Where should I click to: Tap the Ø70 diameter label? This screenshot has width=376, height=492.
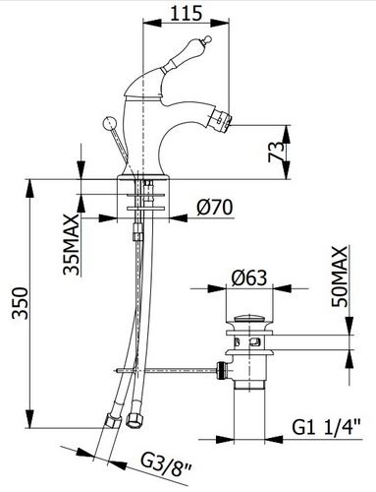(x=213, y=207)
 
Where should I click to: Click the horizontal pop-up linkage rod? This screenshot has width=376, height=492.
(x=167, y=370)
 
